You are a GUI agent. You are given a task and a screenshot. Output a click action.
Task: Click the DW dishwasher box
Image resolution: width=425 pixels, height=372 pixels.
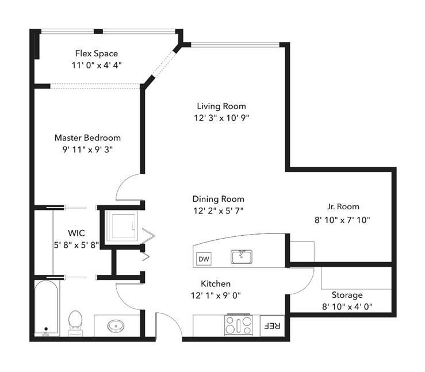pos(204,259)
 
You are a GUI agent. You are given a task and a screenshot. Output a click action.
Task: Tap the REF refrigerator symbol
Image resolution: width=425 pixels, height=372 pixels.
pos(272,325)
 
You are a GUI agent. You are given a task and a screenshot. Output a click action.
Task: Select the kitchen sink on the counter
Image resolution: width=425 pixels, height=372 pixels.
pos(242,256)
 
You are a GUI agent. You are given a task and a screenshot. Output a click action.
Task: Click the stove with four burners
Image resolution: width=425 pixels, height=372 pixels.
pos(239,325)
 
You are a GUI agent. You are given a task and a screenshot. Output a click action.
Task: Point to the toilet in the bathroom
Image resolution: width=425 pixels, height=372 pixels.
pos(75,323)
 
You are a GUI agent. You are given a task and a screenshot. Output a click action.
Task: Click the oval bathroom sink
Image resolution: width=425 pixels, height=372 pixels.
pos(116,325)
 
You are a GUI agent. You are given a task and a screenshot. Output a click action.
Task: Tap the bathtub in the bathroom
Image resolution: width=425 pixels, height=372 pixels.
pos(47,308)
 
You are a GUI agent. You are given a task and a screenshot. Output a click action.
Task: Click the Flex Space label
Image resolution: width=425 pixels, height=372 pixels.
pos(97,53)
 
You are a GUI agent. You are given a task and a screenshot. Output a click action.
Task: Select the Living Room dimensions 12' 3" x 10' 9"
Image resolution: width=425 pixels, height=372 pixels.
pos(221,118)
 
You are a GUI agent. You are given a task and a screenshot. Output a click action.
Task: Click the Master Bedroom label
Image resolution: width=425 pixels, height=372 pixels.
pos(87,137)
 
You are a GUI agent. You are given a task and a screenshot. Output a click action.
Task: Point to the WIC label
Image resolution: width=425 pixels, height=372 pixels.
pos(76,233)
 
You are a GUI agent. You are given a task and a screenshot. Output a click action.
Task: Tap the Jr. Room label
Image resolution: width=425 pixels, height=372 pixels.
pos(343,206)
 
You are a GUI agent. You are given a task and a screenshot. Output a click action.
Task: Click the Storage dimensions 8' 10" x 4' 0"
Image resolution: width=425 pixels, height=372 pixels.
pos(347,306)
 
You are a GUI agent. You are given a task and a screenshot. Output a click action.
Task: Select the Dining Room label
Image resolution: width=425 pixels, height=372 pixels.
pos(218,199)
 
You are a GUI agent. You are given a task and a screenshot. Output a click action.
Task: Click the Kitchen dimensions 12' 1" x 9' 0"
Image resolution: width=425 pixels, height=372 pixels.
pos(216,296)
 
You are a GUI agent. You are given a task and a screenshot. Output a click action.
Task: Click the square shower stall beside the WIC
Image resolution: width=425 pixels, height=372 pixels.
pos(122,226)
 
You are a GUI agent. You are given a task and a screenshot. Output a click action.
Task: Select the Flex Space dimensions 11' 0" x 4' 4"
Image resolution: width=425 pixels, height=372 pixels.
pos(97,66)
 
